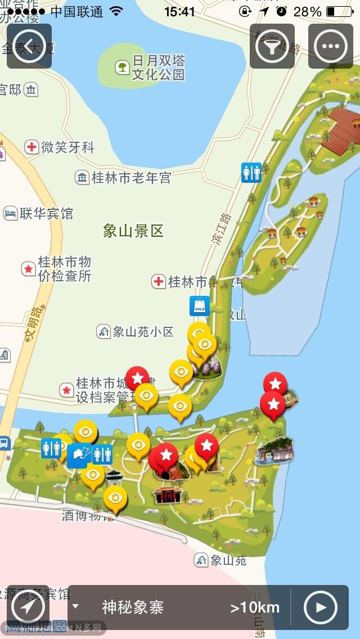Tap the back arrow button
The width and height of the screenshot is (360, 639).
click(29, 46)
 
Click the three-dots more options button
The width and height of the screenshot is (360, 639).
click(331, 46)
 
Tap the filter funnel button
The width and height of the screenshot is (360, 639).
click(272, 46)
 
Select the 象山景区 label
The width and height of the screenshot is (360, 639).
click(133, 230)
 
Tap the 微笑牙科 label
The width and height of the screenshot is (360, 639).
click(68, 147)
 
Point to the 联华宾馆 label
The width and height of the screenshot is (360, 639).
click(46, 214)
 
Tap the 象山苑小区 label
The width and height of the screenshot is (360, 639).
click(143, 332)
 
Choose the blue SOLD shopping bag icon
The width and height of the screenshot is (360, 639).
click(200, 306)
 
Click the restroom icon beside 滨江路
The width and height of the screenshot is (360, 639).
click(251, 172)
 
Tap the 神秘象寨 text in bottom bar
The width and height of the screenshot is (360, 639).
click(133, 607)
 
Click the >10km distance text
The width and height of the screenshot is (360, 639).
click(255, 607)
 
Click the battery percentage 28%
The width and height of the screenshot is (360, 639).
click(307, 12)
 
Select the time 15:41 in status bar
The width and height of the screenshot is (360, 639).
click(179, 12)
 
